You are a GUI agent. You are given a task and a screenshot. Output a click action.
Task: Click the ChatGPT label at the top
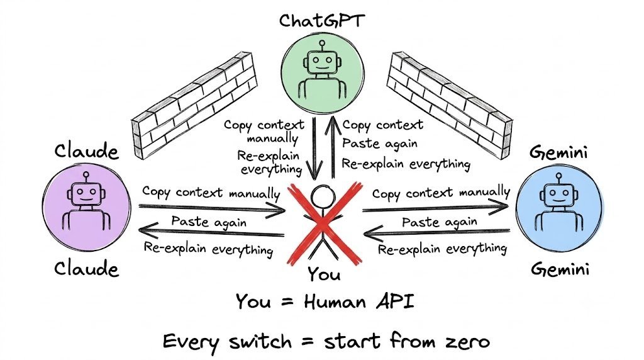click(x=321, y=21)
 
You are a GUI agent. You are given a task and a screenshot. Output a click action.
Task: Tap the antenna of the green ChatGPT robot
click(x=322, y=45)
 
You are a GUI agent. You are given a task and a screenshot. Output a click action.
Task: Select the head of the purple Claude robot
click(x=86, y=194)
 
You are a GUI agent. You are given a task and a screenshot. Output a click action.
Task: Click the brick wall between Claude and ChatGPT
click(x=194, y=106)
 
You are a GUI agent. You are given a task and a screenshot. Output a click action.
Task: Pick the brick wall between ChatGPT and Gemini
click(x=450, y=106)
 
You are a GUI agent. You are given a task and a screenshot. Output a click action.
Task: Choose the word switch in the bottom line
click(x=260, y=341)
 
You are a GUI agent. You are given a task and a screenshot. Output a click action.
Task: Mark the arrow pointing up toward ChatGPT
click(x=333, y=148)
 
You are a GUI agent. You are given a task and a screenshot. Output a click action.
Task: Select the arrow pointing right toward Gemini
click(x=435, y=208)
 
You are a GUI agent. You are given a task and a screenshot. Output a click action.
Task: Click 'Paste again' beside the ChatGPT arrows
click(x=379, y=143)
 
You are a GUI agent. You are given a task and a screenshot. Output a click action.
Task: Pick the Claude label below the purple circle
click(x=87, y=269)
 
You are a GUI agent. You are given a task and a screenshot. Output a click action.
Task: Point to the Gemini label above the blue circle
click(x=558, y=152)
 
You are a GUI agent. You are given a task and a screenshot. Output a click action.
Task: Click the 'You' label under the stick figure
click(x=324, y=274)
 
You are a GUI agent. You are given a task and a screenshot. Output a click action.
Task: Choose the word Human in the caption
click(x=335, y=302)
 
